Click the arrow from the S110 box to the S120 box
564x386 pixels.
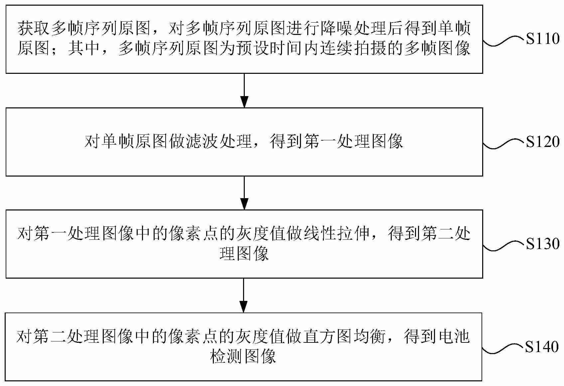coord(244,90)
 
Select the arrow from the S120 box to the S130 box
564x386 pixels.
coord(244,193)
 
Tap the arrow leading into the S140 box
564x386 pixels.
coord(244,295)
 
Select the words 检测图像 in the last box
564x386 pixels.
coord(244,356)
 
